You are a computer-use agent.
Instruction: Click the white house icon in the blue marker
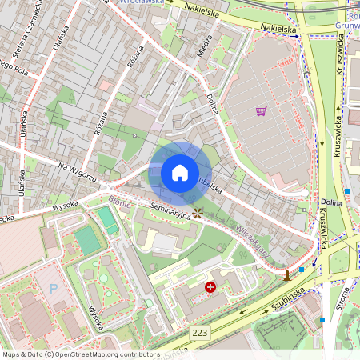[x=180, y=173]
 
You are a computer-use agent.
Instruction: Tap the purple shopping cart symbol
[x=261, y=111]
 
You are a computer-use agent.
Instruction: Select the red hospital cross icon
[x=210, y=286]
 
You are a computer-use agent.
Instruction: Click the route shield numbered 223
[x=200, y=331]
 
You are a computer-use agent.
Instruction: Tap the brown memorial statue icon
[x=286, y=276]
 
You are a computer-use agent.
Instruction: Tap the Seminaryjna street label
[x=167, y=213]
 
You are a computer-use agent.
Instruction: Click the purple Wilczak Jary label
[x=253, y=240]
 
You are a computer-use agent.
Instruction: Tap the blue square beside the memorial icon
[x=301, y=270]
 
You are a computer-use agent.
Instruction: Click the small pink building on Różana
[x=105, y=85]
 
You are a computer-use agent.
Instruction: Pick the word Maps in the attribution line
[x=11, y=354]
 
